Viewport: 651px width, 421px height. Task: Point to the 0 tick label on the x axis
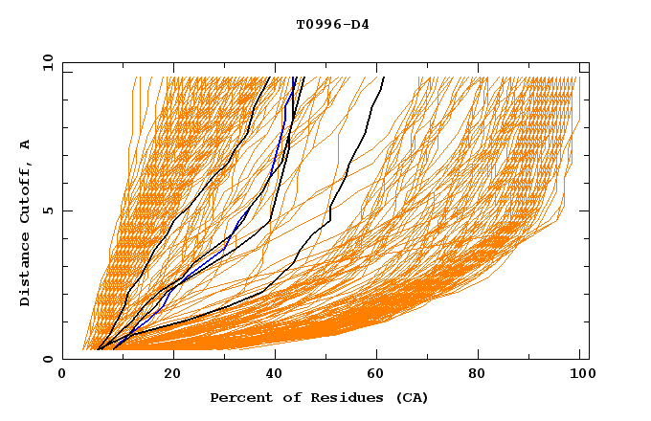(62, 375)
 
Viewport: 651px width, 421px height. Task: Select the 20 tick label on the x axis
(170, 375)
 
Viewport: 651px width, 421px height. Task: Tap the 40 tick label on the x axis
(276, 375)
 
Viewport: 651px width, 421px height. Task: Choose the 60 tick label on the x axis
(380, 375)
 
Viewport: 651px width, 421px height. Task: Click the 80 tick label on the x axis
(484, 375)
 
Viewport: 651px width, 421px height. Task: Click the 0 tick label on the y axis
(48, 359)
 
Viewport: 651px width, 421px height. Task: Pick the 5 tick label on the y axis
(48, 210)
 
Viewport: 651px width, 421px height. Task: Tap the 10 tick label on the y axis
(45, 62)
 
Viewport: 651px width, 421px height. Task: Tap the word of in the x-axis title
(288, 398)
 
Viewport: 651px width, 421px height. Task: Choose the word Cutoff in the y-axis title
(26, 188)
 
